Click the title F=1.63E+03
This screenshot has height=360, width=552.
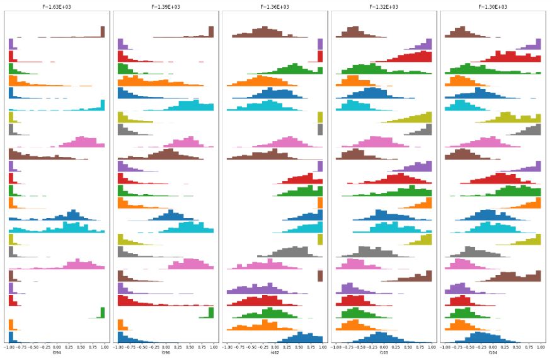click(x=57, y=7)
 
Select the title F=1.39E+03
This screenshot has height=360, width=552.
click(x=165, y=7)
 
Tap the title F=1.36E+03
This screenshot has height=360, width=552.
click(x=275, y=7)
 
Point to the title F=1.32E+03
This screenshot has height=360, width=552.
click(x=384, y=7)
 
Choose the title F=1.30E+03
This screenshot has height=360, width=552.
click(x=493, y=7)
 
